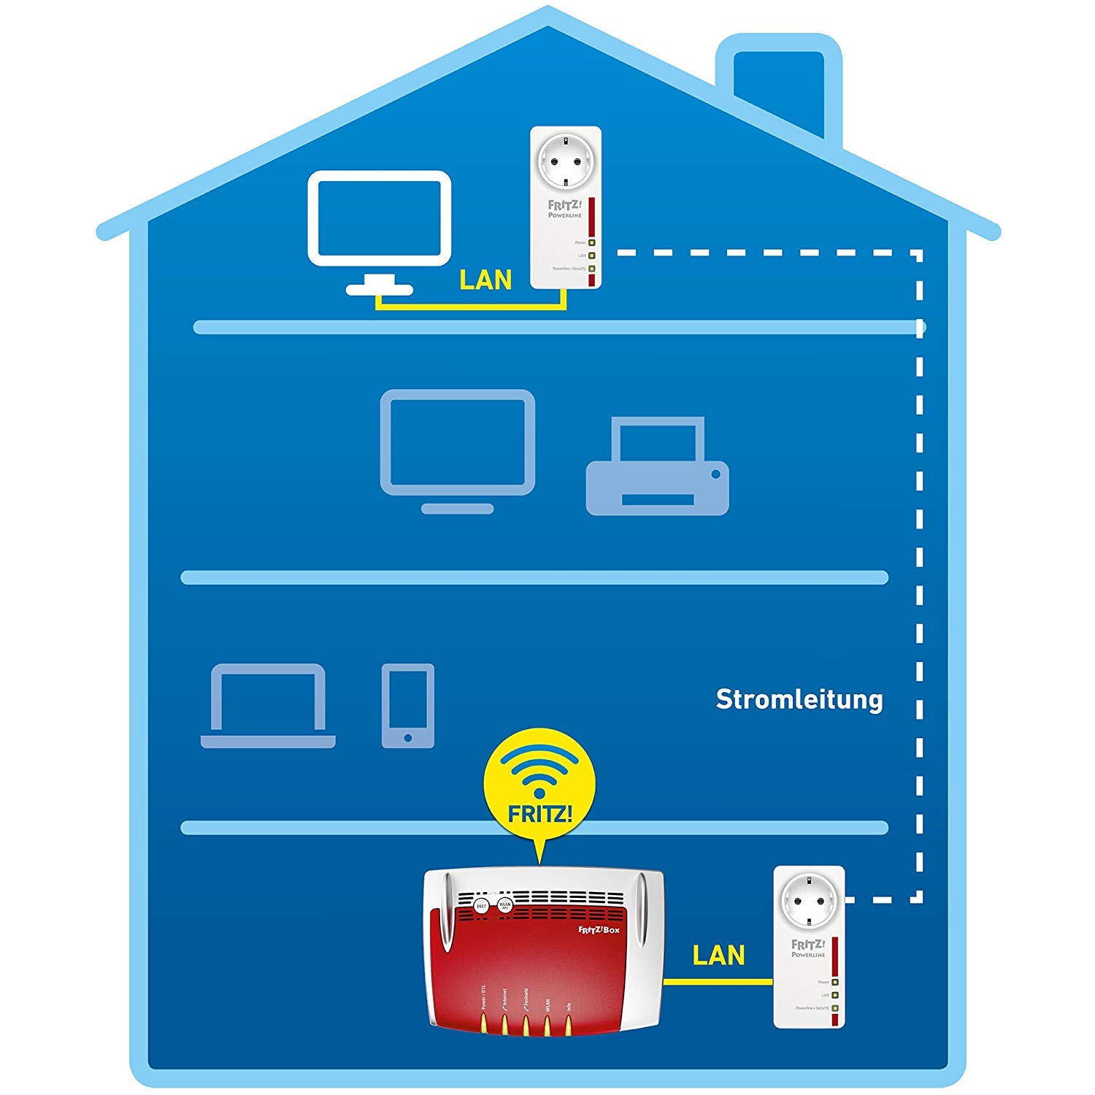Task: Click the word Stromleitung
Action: pyautogui.click(x=799, y=699)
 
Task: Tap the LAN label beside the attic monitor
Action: pyautogui.click(x=485, y=280)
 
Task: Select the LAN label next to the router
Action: pyautogui.click(x=718, y=955)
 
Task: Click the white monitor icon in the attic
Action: pyautogui.click(x=379, y=219)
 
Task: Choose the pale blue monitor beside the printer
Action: pyautogui.click(x=458, y=445)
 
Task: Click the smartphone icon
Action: pyautogui.click(x=408, y=705)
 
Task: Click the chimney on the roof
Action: pyautogui.click(x=779, y=88)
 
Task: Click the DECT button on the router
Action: pyautogui.click(x=481, y=906)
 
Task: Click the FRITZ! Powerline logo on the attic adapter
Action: pyautogui.click(x=565, y=210)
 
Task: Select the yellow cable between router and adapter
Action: pyautogui.click(x=718, y=982)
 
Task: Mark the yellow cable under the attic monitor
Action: pyautogui.click(x=471, y=307)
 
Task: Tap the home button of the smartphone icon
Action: pyautogui.click(x=407, y=738)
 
